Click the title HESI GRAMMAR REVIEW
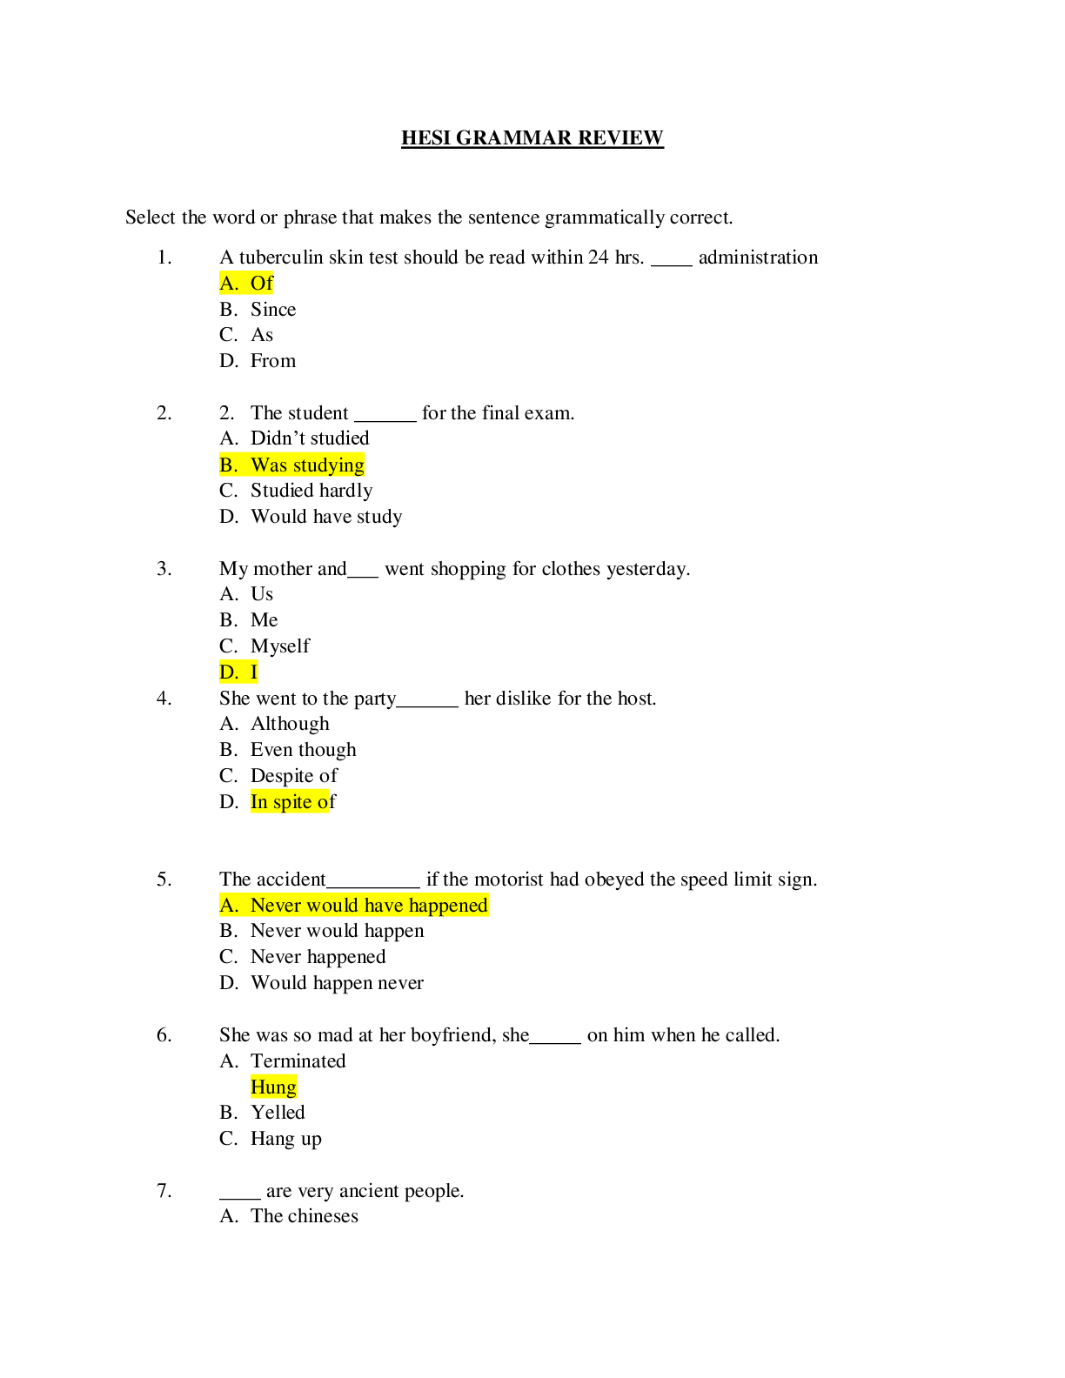coord(532,138)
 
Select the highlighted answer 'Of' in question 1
coord(261,284)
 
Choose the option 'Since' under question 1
coord(272,310)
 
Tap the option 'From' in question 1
coord(272,361)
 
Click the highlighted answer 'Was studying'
coord(307,465)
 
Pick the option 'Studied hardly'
coord(311,491)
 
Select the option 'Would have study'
coord(326,517)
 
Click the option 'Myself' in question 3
coord(279,646)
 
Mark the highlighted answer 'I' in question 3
coord(253,672)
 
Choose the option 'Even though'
coord(303,750)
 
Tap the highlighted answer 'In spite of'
coord(292,802)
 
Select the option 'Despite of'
coord(293,776)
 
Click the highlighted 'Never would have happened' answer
coord(368,906)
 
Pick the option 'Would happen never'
coord(337,983)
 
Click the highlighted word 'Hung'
coord(273,1087)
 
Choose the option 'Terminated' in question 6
coord(298,1061)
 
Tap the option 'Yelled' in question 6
coord(278,1113)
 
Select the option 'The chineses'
coord(304,1216)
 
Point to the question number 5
coord(164,880)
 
